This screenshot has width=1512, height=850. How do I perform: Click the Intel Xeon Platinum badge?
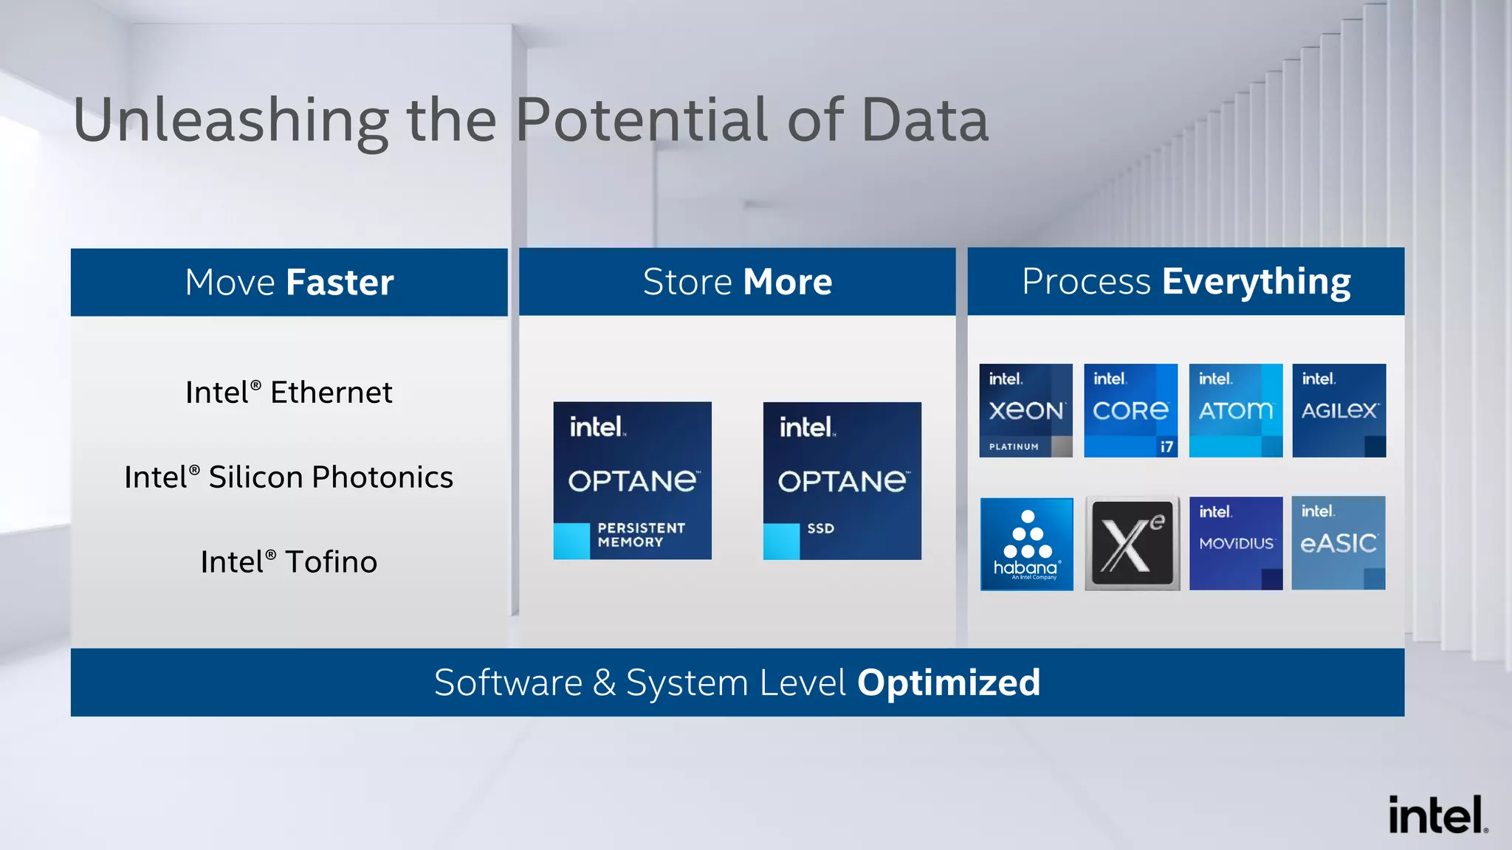click(1025, 410)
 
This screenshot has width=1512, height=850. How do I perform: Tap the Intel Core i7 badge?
click(1130, 410)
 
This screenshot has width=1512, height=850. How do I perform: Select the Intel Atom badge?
click(1235, 410)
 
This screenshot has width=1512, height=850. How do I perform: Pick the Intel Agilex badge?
click(1339, 410)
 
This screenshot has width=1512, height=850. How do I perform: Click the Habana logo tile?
click(1026, 544)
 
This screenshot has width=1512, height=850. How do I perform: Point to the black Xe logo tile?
click(1132, 544)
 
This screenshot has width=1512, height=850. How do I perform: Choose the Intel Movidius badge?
click(1235, 543)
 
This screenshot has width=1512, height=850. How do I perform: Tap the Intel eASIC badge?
click(1339, 543)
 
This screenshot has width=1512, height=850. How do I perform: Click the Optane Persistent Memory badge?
click(632, 480)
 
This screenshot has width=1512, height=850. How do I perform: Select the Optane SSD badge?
click(842, 480)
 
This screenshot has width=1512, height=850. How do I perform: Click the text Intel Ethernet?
click(289, 393)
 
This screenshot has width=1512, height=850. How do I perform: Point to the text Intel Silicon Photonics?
click(289, 477)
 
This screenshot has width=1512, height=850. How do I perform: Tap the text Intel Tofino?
click(289, 562)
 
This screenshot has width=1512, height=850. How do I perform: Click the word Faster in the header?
click(340, 283)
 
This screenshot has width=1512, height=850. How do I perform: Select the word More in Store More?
click(788, 282)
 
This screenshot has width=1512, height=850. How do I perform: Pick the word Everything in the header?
click(1256, 283)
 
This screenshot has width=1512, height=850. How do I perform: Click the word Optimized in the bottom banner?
click(948, 683)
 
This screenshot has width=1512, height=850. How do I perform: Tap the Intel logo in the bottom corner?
click(1437, 815)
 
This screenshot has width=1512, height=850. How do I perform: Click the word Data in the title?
click(924, 120)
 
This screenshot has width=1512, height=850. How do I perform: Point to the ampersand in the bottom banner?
click(604, 683)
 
